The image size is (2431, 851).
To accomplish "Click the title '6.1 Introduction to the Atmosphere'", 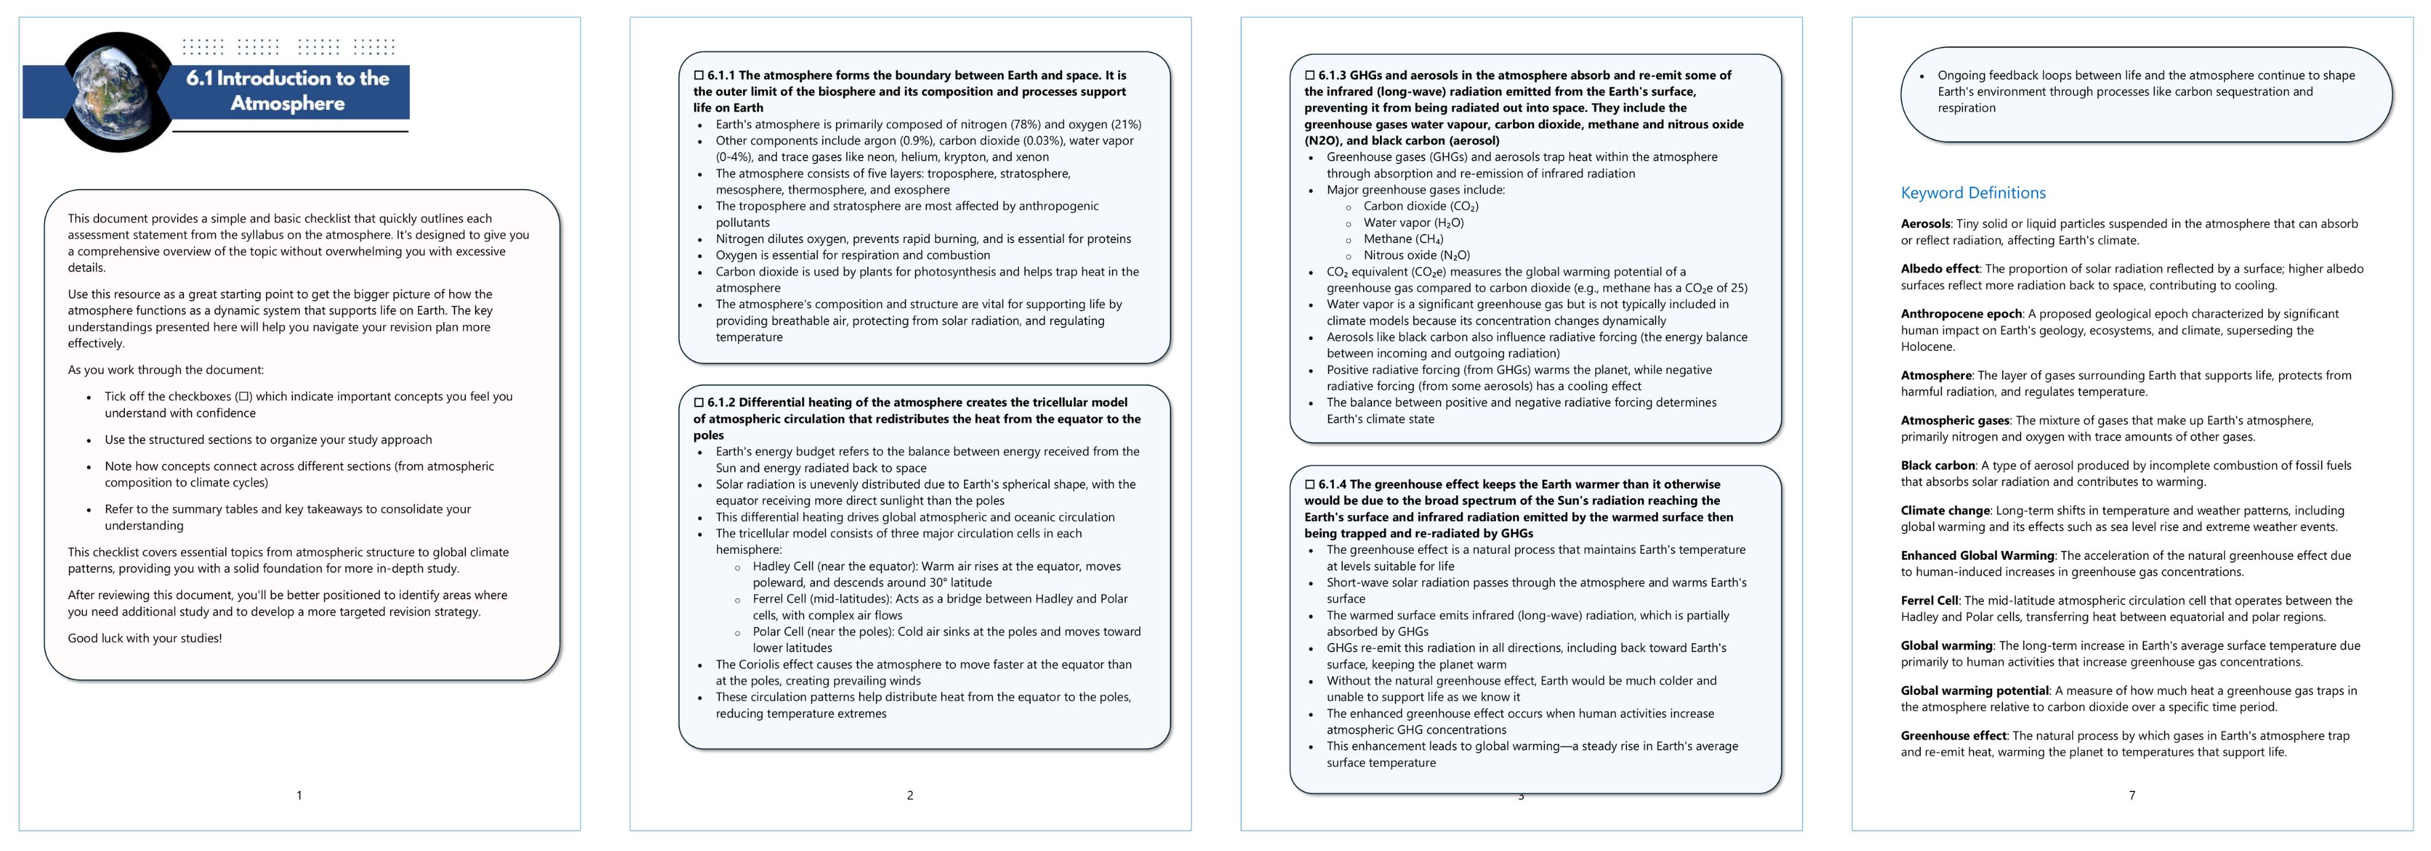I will pyautogui.click(x=288, y=90).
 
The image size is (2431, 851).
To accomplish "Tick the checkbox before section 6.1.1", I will pyautogui.click(x=700, y=75).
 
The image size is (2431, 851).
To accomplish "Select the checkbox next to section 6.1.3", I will pyautogui.click(x=1310, y=75).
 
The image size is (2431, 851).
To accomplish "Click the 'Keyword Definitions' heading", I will pyautogui.click(x=1972, y=193).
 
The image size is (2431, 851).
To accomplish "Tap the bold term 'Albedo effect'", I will pyautogui.click(x=1939, y=269).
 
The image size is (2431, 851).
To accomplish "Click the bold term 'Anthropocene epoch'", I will pyautogui.click(x=1960, y=314).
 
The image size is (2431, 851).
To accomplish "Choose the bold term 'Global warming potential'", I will pyautogui.click(x=1974, y=692).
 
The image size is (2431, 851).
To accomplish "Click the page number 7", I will pyautogui.click(x=2131, y=796).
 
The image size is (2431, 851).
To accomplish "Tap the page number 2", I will pyautogui.click(x=910, y=796).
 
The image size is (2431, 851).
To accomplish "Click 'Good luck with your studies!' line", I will pyautogui.click(x=145, y=639).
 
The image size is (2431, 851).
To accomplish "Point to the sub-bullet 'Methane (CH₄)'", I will pyautogui.click(x=1402, y=240).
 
